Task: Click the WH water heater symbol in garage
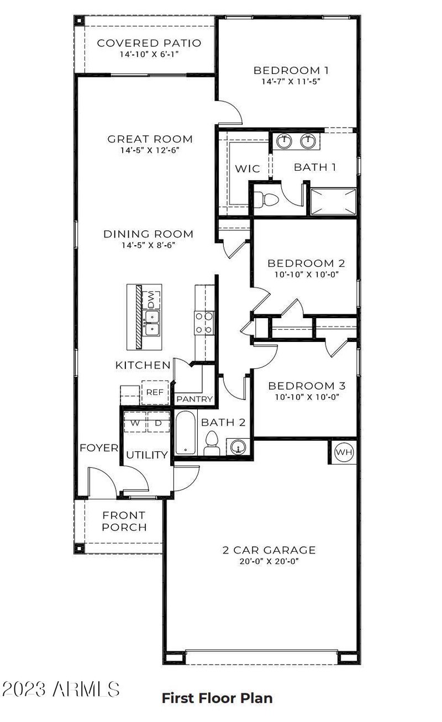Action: [344, 452]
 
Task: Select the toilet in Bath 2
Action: [212, 444]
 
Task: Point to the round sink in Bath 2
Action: [238, 446]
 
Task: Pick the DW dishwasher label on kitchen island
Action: [151, 300]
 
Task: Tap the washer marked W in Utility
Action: [134, 423]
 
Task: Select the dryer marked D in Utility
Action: [158, 423]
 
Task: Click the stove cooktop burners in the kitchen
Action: [204, 323]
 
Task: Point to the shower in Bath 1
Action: [333, 201]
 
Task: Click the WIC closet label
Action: [247, 168]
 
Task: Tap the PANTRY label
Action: [194, 399]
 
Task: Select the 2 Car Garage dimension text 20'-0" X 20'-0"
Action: [261, 561]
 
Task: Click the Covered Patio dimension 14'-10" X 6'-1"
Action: [149, 55]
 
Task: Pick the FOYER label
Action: [99, 447]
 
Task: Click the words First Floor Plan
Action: [217, 698]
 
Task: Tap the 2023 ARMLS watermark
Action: [61, 689]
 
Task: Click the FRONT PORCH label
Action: [124, 521]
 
